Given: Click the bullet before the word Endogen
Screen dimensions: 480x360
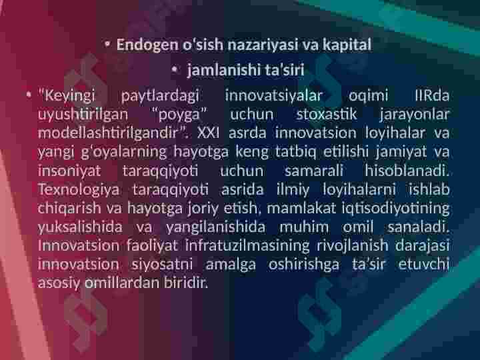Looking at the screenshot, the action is pos(107,45).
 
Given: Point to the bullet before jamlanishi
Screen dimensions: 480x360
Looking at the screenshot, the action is pos(175,70).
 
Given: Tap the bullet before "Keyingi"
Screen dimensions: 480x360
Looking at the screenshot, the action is pos(29,95).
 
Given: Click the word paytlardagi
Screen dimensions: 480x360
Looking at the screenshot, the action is pos(160,96).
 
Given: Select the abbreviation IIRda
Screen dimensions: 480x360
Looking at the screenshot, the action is pos(432,95).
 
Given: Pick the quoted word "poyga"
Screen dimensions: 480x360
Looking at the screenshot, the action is pos(180,115).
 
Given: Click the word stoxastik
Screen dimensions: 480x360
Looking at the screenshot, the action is pos(326,114).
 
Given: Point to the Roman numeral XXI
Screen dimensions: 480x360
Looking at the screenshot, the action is pos(208,133).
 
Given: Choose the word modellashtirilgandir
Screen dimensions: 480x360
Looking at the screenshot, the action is pos(108,133).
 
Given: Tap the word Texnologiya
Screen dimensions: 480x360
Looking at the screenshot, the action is pos(79,190).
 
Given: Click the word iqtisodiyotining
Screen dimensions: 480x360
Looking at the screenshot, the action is pos(395,209).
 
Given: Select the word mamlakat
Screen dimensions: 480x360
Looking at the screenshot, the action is pos(301,208).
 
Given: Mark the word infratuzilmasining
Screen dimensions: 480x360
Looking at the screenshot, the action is pos(247,245).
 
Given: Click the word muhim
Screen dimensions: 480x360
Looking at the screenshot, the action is pos(304,227).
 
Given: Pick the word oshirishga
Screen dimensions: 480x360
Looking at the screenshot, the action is pos(304,265).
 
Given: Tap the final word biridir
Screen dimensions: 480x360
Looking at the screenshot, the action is pos(185,283).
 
